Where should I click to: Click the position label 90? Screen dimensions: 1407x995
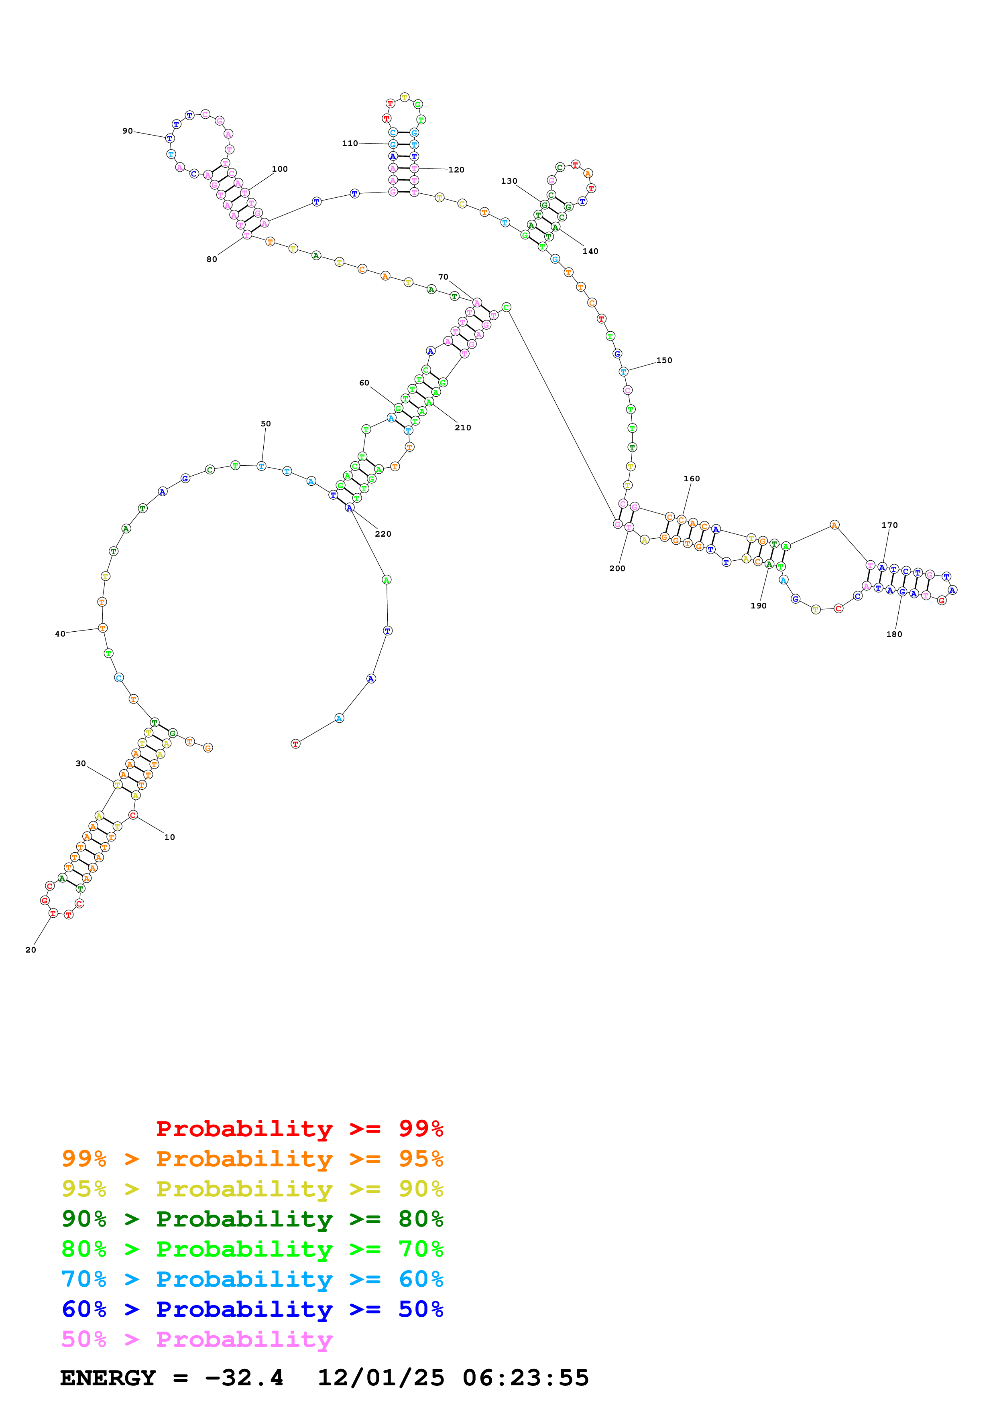pyautogui.click(x=128, y=131)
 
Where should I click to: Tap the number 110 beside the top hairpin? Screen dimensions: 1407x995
pyautogui.click(x=350, y=144)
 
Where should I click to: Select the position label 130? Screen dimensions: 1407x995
pyautogui.click(x=509, y=181)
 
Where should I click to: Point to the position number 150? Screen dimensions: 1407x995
pyautogui.click(x=664, y=360)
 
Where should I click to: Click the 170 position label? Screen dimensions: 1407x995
pyautogui.click(x=889, y=525)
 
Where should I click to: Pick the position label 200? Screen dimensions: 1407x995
pyautogui.click(x=617, y=569)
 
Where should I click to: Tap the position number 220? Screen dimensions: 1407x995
pyautogui.click(x=383, y=534)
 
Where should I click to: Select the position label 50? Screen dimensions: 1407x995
pyautogui.click(x=265, y=424)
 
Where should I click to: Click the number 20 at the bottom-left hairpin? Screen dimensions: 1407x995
pyautogui.click(x=31, y=950)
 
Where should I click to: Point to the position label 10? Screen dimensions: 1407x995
pyautogui.click(x=170, y=837)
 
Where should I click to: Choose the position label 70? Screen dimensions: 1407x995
pyautogui.click(x=443, y=277)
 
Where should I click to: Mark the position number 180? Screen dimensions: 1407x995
pyautogui.click(x=894, y=634)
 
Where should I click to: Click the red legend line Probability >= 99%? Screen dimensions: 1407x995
pyautogui.click(x=299, y=1128)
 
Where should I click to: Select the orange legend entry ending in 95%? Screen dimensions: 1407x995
pyautogui.click(x=252, y=1159)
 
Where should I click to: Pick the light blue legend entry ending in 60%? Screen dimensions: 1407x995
pyautogui.click(x=252, y=1279)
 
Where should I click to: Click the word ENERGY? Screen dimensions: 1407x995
pyautogui.click(x=108, y=1378)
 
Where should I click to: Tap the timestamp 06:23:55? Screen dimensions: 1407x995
pyautogui.click(x=525, y=1378)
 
